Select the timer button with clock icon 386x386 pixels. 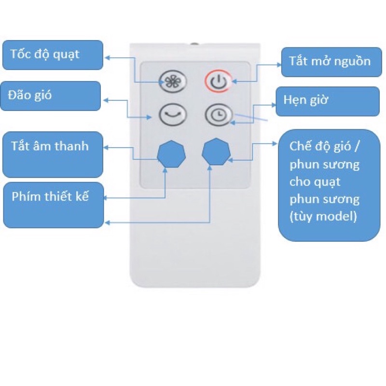218,115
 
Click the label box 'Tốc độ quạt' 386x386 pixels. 52,55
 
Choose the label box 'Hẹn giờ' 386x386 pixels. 327,101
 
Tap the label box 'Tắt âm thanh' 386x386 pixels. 52,154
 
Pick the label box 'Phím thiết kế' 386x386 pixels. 53,205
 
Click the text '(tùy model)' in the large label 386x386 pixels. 323,216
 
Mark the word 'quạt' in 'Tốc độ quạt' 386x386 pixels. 67,54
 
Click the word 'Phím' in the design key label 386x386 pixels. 25,197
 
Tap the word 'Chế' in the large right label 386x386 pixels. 300,146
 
